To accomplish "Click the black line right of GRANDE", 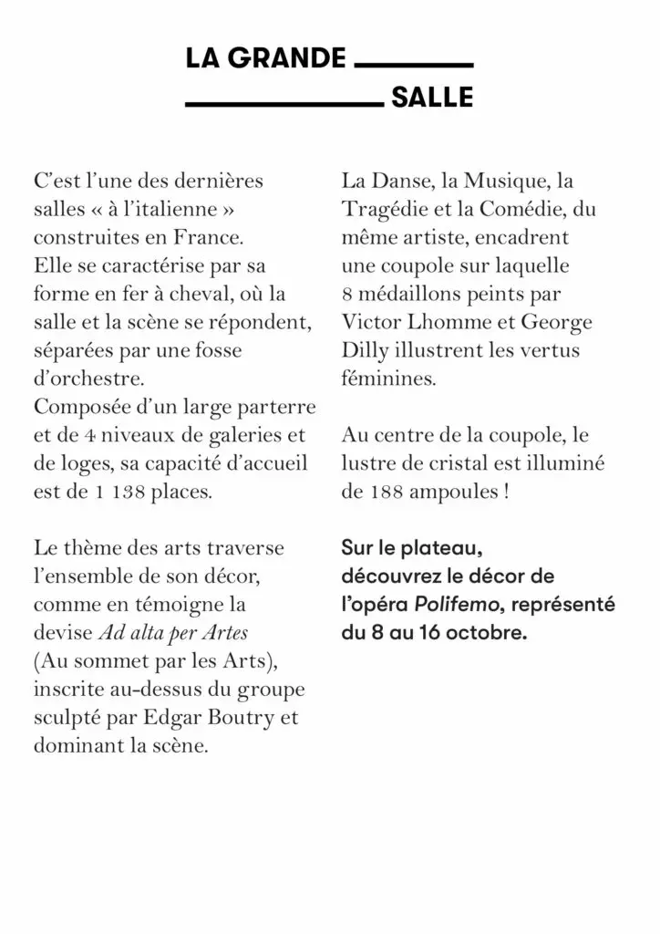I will pyautogui.click(x=412, y=65).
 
